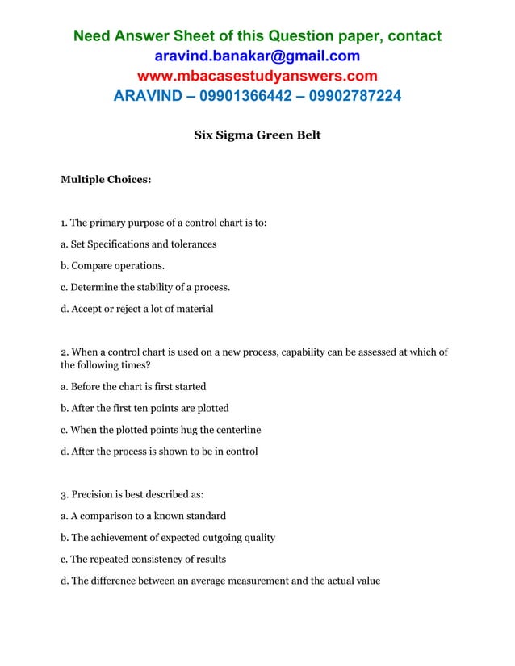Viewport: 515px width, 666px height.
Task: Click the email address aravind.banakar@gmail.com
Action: pyautogui.click(x=257, y=56)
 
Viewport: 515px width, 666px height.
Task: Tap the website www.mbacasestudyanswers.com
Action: pyautogui.click(x=257, y=77)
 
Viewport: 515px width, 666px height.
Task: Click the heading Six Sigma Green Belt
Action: pyautogui.click(x=257, y=135)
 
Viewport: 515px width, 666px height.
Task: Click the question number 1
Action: pyautogui.click(x=63, y=223)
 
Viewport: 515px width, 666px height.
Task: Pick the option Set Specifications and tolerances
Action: pyautogui.click(x=138, y=244)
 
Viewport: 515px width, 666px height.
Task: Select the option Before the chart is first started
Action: pyautogui.click(x=133, y=386)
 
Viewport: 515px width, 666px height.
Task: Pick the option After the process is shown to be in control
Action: pyautogui.click(x=159, y=452)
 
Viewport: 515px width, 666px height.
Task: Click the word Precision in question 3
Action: pyautogui.click(x=94, y=494)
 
